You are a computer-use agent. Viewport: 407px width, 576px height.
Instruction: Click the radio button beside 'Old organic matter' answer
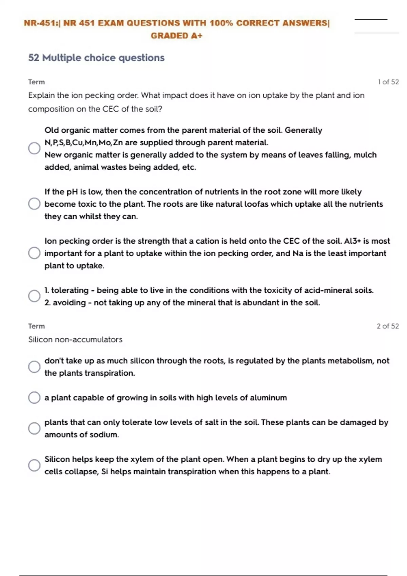[34, 148]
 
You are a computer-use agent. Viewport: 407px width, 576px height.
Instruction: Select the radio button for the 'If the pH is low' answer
[34, 204]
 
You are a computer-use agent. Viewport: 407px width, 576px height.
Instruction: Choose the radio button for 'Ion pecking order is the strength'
[34, 253]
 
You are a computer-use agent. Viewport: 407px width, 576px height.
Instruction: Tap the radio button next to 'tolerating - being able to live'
[34, 296]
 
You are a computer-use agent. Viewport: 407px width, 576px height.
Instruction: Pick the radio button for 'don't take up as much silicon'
[34, 367]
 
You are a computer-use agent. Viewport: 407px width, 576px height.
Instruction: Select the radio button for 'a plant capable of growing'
[34, 397]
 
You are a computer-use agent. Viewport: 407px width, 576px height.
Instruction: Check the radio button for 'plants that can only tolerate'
[34, 428]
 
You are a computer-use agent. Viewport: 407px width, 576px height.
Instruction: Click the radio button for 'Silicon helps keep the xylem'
[34, 465]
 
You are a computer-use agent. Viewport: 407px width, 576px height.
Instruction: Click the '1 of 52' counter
[388, 82]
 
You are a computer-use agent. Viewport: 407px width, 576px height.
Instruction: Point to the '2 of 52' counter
[387, 326]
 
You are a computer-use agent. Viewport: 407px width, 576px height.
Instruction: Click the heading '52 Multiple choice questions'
[96, 58]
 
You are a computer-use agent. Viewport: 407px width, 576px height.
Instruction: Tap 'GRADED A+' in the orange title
[176, 36]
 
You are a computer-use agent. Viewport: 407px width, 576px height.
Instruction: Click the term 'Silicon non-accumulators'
[75, 340]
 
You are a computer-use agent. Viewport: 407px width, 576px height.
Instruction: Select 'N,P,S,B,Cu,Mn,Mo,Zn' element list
[83, 143]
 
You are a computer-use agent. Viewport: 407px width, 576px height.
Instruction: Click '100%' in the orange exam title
[221, 23]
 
